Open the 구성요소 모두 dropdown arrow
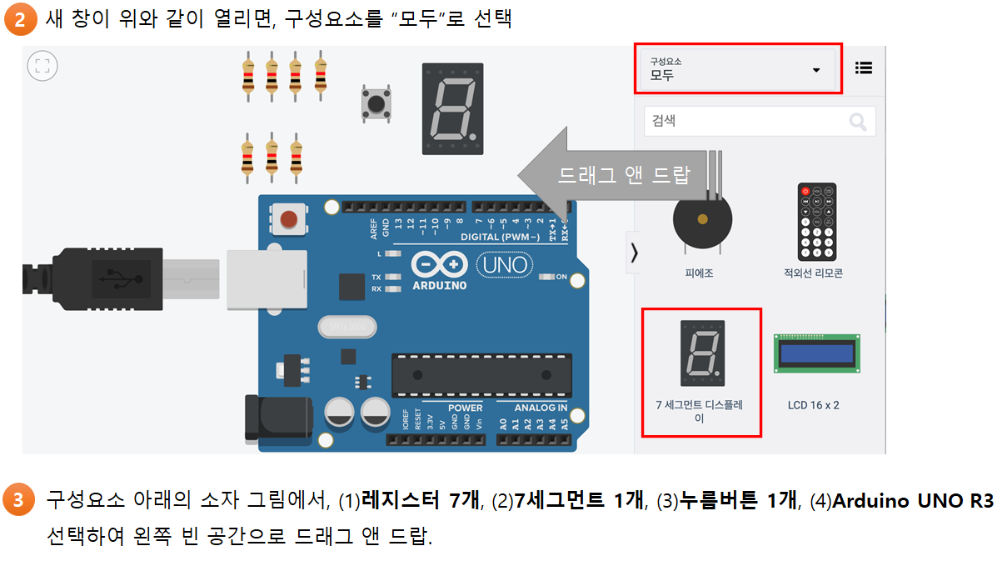point(816,70)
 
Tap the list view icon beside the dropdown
point(865,68)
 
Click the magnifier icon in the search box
point(857,122)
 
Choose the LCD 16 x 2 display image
point(816,353)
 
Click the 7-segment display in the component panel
point(701,353)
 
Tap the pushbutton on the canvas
point(376,104)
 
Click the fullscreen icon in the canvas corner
point(42,66)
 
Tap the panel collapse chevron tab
point(634,253)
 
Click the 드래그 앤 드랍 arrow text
point(624,175)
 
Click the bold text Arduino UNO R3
point(913,501)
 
